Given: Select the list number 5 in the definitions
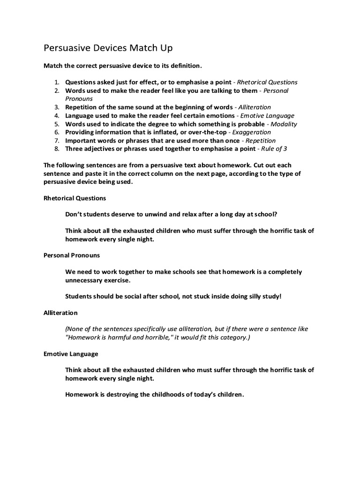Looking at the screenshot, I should (x=56, y=124).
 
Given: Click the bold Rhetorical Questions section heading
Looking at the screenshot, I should (x=75, y=198).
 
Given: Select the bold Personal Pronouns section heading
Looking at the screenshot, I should (x=72, y=255).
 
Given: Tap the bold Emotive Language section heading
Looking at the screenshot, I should (x=71, y=354).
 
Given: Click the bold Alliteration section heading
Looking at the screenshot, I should (x=60, y=313).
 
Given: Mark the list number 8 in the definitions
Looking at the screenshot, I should (x=56, y=149).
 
